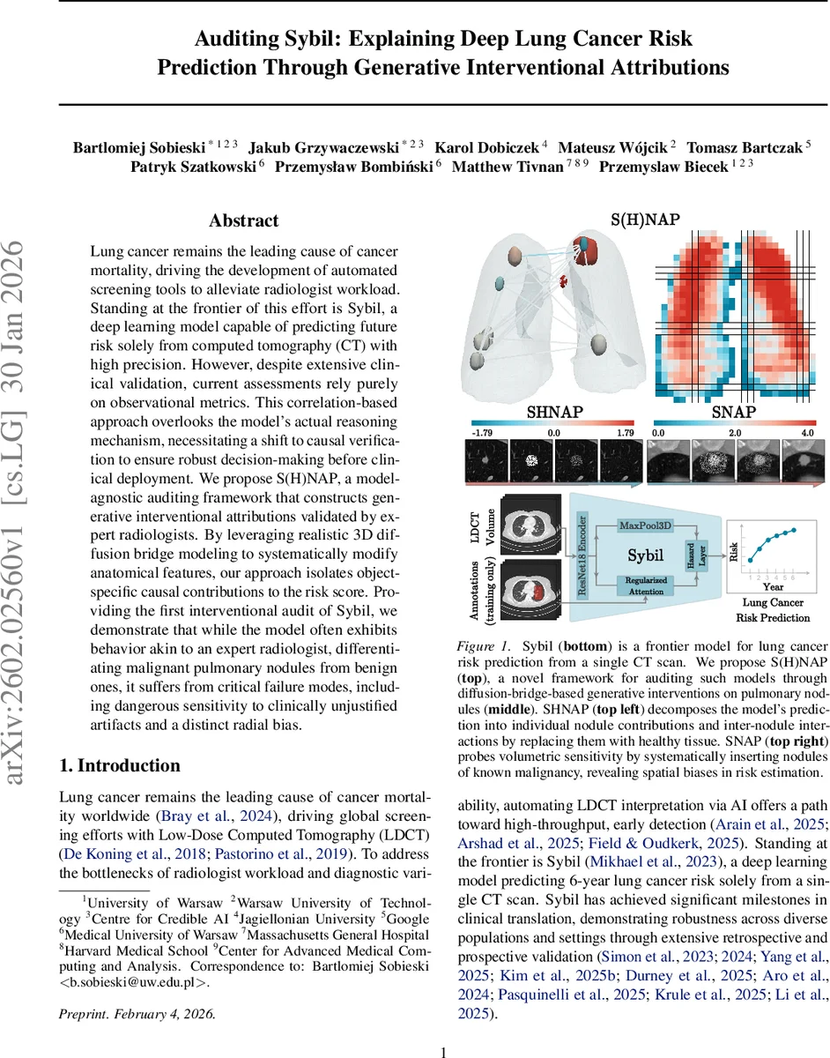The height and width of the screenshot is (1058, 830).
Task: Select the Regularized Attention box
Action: tap(646, 586)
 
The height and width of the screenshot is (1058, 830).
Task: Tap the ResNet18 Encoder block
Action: tap(582, 556)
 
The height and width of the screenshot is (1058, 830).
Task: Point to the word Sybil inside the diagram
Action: tap(647, 556)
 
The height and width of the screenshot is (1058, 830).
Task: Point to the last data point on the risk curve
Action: tap(796, 530)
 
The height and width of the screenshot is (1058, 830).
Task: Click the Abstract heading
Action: tap(243, 220)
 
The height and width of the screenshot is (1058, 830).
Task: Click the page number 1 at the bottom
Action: tap(444, 1028)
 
